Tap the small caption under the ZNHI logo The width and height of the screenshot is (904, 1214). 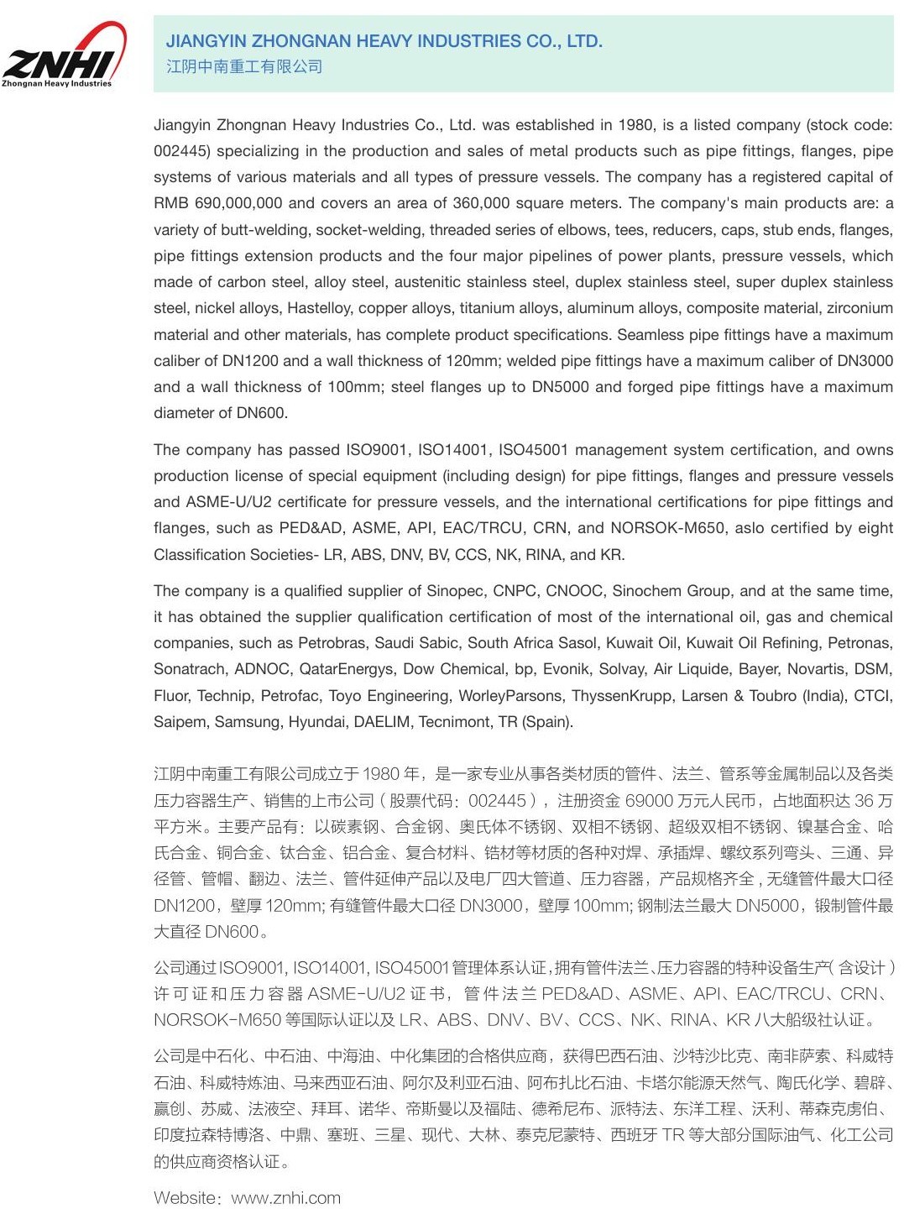[x=56, y=84]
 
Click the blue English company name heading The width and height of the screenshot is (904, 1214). [x=384, y=41]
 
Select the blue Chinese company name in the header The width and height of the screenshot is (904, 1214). [x=243, y=66]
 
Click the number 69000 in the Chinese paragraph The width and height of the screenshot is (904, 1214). [x=649, y=801]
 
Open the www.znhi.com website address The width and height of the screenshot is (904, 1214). [x=285, y=1198]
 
